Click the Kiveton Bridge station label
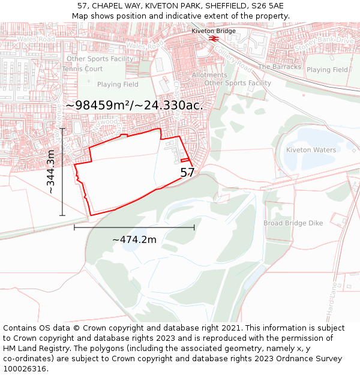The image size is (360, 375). tap(214, 31)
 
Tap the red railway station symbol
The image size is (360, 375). tap(213, 38)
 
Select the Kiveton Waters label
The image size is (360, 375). tap(311, 150)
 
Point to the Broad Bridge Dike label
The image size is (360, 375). tap(293, 223)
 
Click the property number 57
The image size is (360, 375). tap(187, 173)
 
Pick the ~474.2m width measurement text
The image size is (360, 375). tap(134, 240)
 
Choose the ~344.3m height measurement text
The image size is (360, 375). tap(51, 172)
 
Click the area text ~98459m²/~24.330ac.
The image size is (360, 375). tap(134, 105)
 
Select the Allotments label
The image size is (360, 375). tap(209, 75)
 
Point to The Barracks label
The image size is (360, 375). tap(280, 67)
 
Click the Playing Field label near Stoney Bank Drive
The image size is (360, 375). tap(327, 70)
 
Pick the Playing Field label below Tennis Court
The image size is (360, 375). tap(118, 85)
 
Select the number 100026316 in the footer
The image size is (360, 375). tap(25, 369)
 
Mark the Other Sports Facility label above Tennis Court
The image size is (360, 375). tap(100, 59)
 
